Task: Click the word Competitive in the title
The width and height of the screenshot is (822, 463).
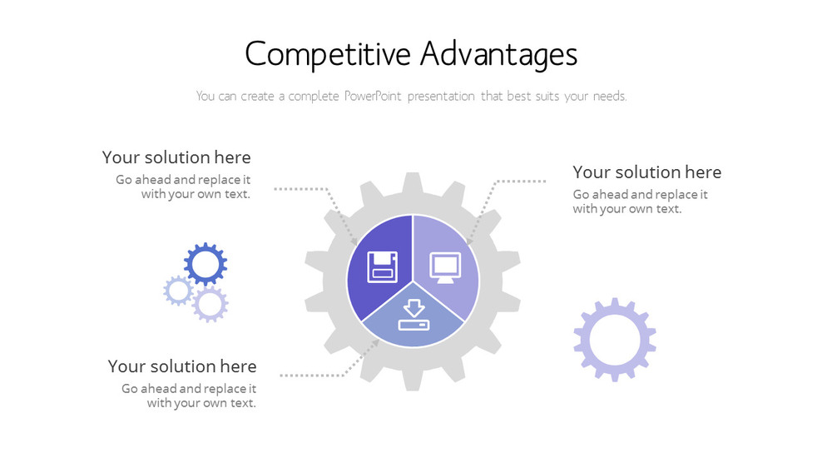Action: click(x=328, y=54)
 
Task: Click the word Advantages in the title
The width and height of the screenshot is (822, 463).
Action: click(x=498, y=54)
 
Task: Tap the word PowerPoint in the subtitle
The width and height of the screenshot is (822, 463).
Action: click(x=375, y=96)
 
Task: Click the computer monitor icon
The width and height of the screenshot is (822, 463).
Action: click(x=444, y=266)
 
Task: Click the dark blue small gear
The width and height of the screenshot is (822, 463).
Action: click(x=205, y=264)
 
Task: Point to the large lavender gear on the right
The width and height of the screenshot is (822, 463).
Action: click(x=615, y=339)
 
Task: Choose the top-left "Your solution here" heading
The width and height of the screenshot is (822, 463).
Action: click(x=176, y=157)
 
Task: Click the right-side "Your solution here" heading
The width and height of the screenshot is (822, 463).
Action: click(x=646, y=172)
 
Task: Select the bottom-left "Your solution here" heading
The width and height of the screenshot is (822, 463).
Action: click(x=182, y=366)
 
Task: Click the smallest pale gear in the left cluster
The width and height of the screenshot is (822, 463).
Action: click(x=178, y=291)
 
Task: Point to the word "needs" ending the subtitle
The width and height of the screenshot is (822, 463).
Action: click(x=609, y=96)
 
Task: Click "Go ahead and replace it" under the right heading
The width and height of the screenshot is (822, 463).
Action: click(x=640, y=195)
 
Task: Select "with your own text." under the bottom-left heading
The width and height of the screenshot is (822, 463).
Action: click(x=201, y=403)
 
